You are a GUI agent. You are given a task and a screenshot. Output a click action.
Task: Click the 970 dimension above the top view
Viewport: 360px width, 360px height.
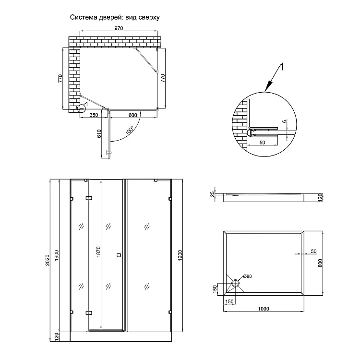[x=119, y=28]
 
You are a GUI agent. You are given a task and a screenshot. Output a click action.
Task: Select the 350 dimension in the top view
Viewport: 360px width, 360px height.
[x=94, y=115]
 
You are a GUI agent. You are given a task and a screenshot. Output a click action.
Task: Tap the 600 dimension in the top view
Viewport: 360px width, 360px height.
[x=133, y=115]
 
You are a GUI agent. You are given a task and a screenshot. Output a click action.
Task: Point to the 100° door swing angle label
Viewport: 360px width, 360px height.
[x=129, y=131]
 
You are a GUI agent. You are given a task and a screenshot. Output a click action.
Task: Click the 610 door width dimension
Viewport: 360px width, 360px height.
[x=99, y=134]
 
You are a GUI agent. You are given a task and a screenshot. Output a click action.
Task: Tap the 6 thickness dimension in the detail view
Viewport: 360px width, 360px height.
[x=285, y=122]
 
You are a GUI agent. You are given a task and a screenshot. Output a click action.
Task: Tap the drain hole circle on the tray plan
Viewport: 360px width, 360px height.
[x=235, y=284]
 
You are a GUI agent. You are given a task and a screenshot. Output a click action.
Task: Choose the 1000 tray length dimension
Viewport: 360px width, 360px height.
[x=263, y=308]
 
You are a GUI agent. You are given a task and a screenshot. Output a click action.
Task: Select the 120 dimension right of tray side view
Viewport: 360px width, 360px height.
[x=319, y=197]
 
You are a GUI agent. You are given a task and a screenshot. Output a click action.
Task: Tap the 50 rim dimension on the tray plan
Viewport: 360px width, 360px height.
[x=313, y=251]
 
